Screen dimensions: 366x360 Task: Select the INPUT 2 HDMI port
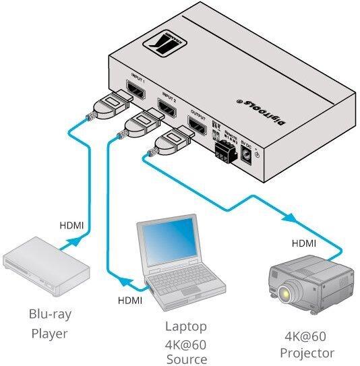[x=165, y=106]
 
